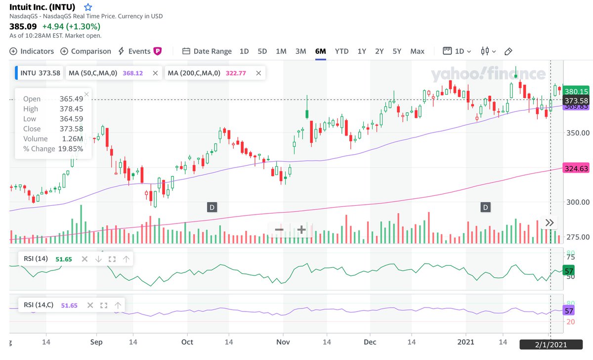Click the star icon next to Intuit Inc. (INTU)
[88, 7]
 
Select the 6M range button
[320, 51]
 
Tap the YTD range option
[341, 51]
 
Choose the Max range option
[417, 51]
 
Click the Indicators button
[32, 51]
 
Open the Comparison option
[85, 51]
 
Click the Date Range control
[207, 51]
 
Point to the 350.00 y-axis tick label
[577, 133]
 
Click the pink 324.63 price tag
[576, 169]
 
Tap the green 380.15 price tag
[576, 91]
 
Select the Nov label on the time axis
[283, 342]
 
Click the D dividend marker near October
[212, 207]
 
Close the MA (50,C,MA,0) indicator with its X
[155, 73]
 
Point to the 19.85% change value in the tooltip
[71, 149]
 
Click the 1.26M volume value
[73, 139]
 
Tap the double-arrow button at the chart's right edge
[550, 223]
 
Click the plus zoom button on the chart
[301, 229]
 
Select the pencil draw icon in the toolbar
[508, 51]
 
